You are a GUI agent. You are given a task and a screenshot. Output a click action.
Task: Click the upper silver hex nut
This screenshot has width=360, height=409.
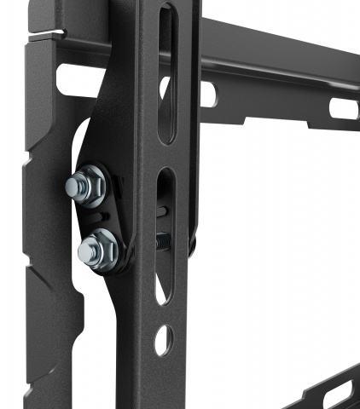(88, 184)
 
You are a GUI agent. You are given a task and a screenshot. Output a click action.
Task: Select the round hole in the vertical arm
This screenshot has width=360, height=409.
(163, 340)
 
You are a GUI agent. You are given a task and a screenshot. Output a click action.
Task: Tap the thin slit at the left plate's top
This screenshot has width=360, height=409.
(47, 33)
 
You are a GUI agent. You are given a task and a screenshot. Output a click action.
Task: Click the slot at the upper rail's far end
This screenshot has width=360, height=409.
(344, 109)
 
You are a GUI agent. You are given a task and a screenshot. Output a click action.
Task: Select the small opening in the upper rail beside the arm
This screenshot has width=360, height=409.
(208, 93)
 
